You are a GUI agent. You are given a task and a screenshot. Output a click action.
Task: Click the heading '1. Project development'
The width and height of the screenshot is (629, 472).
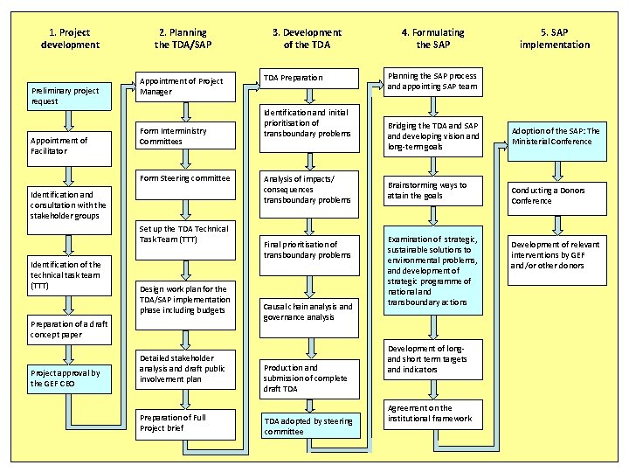coord(70,38)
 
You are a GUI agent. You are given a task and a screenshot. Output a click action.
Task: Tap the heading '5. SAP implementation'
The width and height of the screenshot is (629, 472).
coord(555,38)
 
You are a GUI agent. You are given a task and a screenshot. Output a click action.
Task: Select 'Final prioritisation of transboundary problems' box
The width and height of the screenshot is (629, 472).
coord(309,249)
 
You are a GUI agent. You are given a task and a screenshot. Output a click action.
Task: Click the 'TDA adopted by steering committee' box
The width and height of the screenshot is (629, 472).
coord(309,426)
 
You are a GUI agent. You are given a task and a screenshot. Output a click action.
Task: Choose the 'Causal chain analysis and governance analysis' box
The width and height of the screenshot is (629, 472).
coord(309,312)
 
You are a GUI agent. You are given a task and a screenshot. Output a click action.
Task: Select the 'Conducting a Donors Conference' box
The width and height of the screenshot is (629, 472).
coord(556,196)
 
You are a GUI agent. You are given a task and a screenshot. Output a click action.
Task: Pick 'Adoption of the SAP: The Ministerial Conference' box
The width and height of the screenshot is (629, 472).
coord(556,136)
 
